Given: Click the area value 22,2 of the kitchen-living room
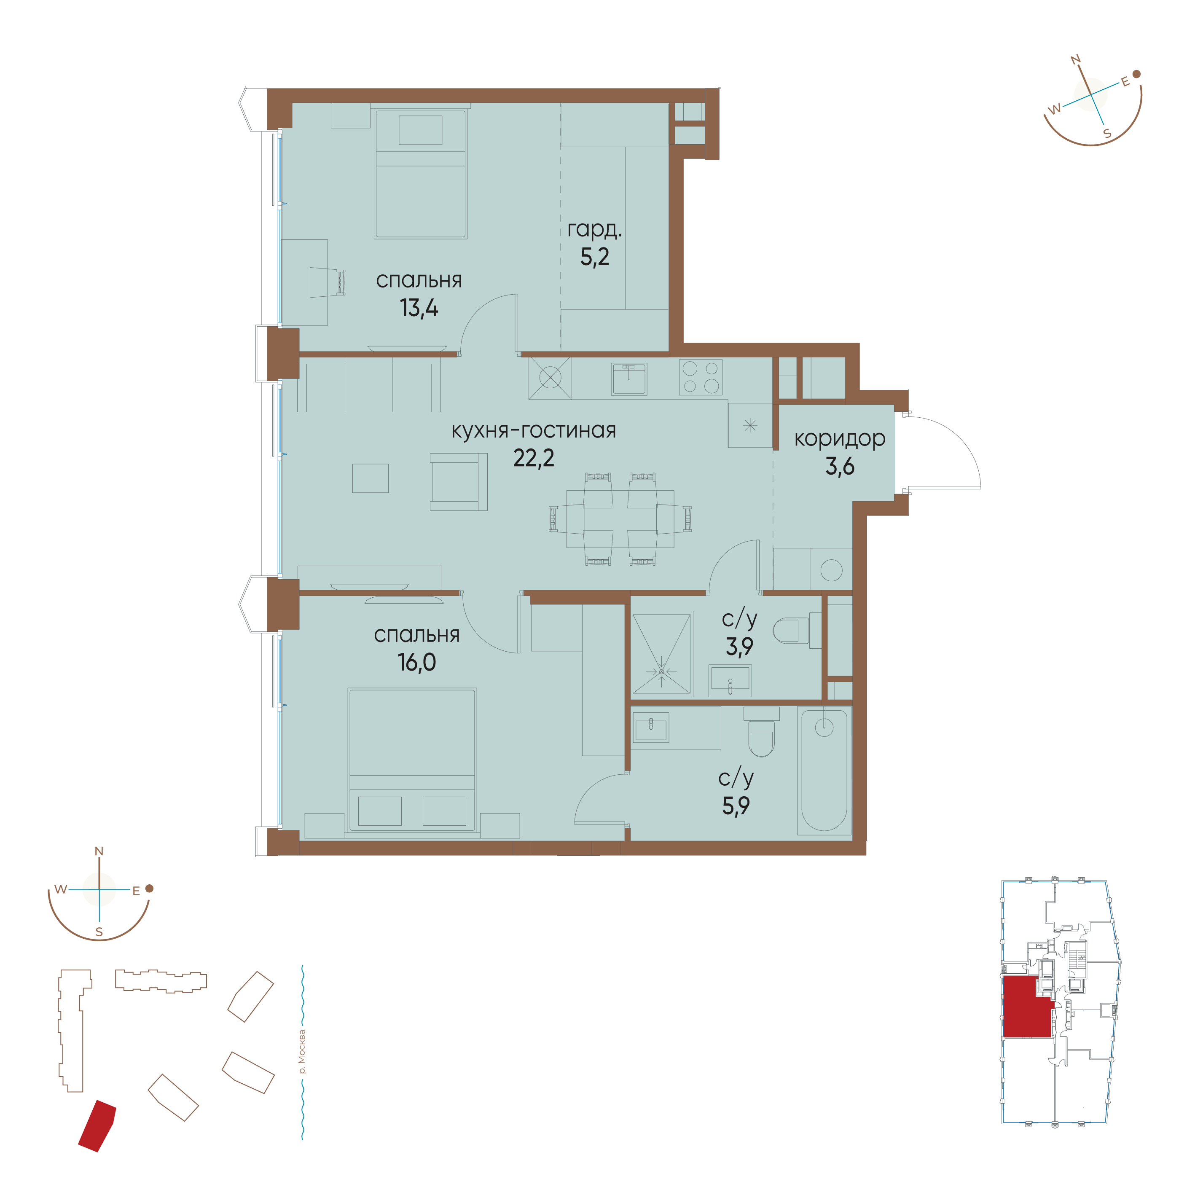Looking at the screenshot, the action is pyautogui.click(x=533, y=458).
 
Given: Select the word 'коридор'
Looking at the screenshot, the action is pyautogui.click(x=839, y=438).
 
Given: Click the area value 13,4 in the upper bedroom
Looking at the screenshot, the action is pyautogui.click(x=419, y=307).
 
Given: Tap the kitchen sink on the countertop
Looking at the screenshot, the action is pyautogui.click(x=629, y=379).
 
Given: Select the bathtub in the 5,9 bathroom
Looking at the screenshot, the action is pyautogui.click(x=824, y=771).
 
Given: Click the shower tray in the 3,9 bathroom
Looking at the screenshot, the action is pyautogui.click(x=662, y=654).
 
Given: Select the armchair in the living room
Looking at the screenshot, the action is pyautogui.click(x=458, y=482).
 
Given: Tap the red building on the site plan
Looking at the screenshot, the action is pyautogui.click(x=97, y=1126).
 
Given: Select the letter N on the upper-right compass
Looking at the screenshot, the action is pyautogui.click(x=1076, y=59).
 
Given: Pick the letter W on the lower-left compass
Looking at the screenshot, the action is pyautogui.click(x=61, y=889).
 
